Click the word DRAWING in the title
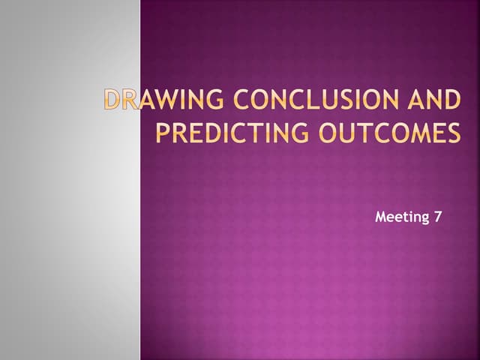point(149,100)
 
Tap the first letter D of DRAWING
point(112,100)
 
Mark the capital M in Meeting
point(379,217)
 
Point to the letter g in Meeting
point(424,219)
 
